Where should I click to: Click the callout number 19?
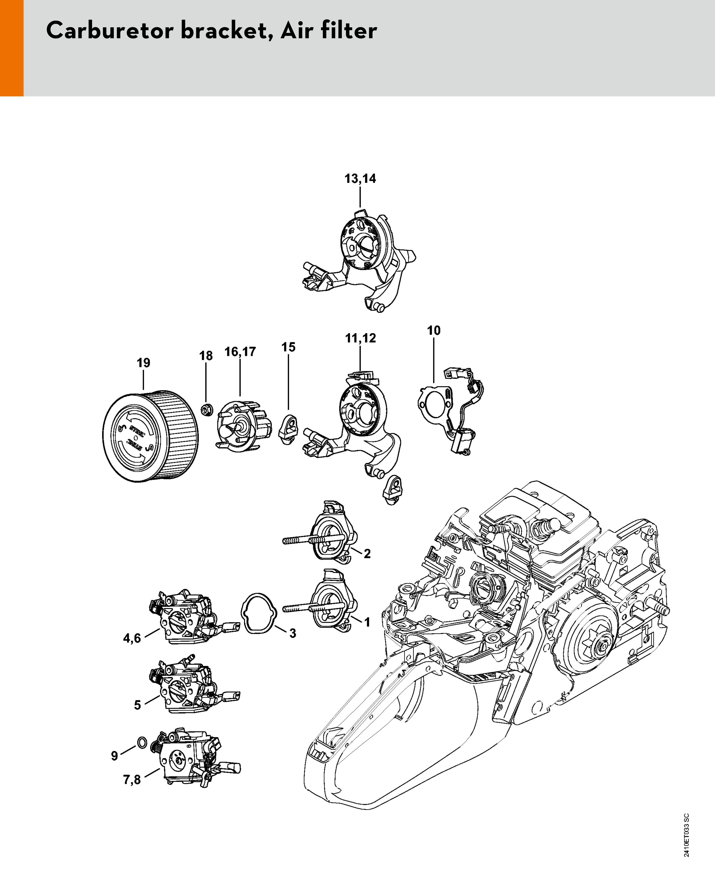click(143, 363)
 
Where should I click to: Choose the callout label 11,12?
click(360, 338)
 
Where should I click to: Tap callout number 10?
click(434, 330)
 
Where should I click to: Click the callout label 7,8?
click(132, 780)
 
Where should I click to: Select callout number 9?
click(115, 755)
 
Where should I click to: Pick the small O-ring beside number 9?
click(141, 742)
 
